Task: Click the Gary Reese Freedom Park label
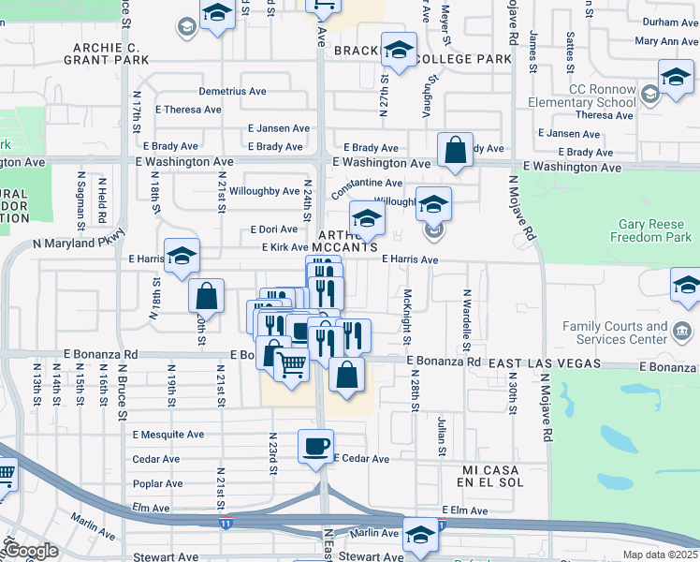tap(655, 230)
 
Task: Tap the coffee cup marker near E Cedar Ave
tap(315, 445)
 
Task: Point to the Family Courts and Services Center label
tap(615, 333)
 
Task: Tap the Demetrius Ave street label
tap(232, 92)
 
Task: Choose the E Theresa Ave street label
tap(188, 110)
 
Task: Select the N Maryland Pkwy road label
tap(79, 244)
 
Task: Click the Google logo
tap(32, 551)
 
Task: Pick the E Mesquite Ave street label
tap(168, 435)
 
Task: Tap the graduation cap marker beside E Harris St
tap(182, 255)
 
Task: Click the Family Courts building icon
tap(682, 330)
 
